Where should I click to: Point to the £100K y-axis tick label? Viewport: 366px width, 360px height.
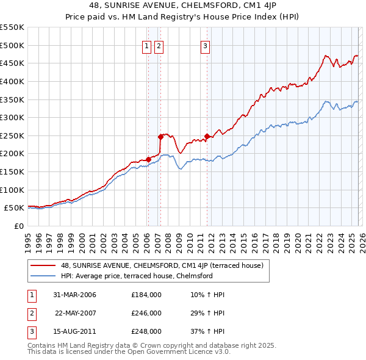[x=12, y=190]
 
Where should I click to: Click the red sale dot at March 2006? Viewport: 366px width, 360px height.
[x=148, y=159]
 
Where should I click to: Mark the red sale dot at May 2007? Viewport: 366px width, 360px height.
[x=160, y=137]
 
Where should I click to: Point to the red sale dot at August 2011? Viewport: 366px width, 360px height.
[x=207, y=136]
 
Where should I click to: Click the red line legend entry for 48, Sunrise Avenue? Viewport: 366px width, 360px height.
[x=162, y=265]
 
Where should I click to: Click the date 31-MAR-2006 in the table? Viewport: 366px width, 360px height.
[x=74, y=295]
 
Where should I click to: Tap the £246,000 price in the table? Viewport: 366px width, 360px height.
[x=146, y=313]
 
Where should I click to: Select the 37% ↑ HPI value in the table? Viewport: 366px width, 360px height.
[x=207, y=331]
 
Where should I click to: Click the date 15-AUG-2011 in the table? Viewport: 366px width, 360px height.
[x=74, y=331]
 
